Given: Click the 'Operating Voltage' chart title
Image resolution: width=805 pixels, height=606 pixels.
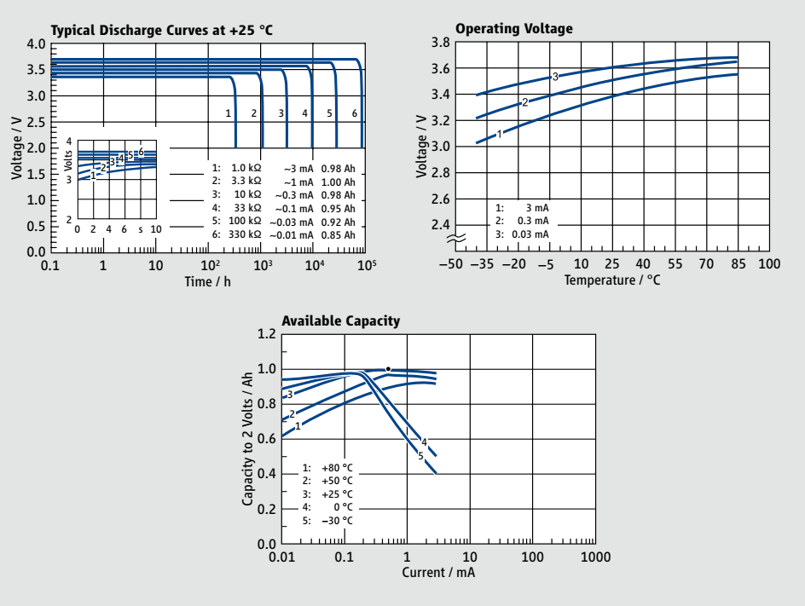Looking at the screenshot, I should point(514,29).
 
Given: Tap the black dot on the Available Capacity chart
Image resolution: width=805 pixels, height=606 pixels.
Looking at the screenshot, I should point(388,369).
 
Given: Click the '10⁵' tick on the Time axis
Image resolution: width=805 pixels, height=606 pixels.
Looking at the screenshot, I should point(367,266).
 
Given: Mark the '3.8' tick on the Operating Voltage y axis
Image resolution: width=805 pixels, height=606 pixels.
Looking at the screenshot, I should point(439,43).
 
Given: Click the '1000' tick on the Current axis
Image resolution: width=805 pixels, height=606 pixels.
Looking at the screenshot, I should point(594,557).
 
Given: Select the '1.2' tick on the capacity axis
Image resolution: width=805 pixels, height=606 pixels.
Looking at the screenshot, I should point(266,335).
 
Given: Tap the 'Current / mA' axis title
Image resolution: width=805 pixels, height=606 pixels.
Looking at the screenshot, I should point(438,572).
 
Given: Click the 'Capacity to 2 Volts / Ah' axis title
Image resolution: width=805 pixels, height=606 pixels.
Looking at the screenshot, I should point(248,440).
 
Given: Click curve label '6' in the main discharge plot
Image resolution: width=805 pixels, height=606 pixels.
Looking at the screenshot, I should point(355,113).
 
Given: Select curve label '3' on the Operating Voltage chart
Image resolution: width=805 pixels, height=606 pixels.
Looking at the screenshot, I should point(555,77).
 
